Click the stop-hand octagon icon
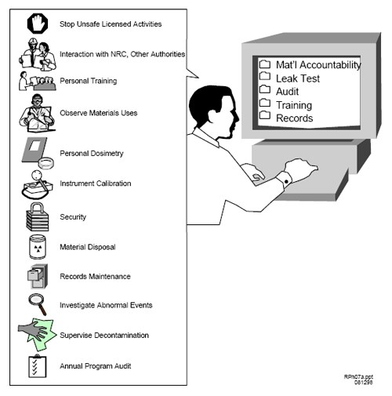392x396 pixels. click(x=38, y=24)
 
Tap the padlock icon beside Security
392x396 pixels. click(x=38, y=216)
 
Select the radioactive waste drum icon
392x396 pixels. click(x=38, y=246)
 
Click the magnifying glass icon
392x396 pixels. click(x=38, y=304)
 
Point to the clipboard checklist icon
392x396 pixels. click(x=37, y=365)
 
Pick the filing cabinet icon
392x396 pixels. click(x=38, y=276)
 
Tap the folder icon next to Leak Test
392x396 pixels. click(x=265, y=76)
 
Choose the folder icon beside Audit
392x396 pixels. click(x=265, y=89)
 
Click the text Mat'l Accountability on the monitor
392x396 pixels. click(x=318, y=65)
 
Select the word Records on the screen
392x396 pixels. click(x=295, y=118)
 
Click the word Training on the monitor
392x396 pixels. click(x=294, y=105)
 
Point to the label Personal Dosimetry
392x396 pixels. click(x=92, y=154)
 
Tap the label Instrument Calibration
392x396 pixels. click(x=96, y=183)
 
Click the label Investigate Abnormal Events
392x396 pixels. click(x=106, y=305)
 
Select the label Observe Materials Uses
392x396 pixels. click(x=99, y=113)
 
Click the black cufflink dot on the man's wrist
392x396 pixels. click(x=286, y=181)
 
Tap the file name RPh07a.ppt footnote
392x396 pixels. click(x=358, y=376)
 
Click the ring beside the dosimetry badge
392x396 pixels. click(x=46, y=163)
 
